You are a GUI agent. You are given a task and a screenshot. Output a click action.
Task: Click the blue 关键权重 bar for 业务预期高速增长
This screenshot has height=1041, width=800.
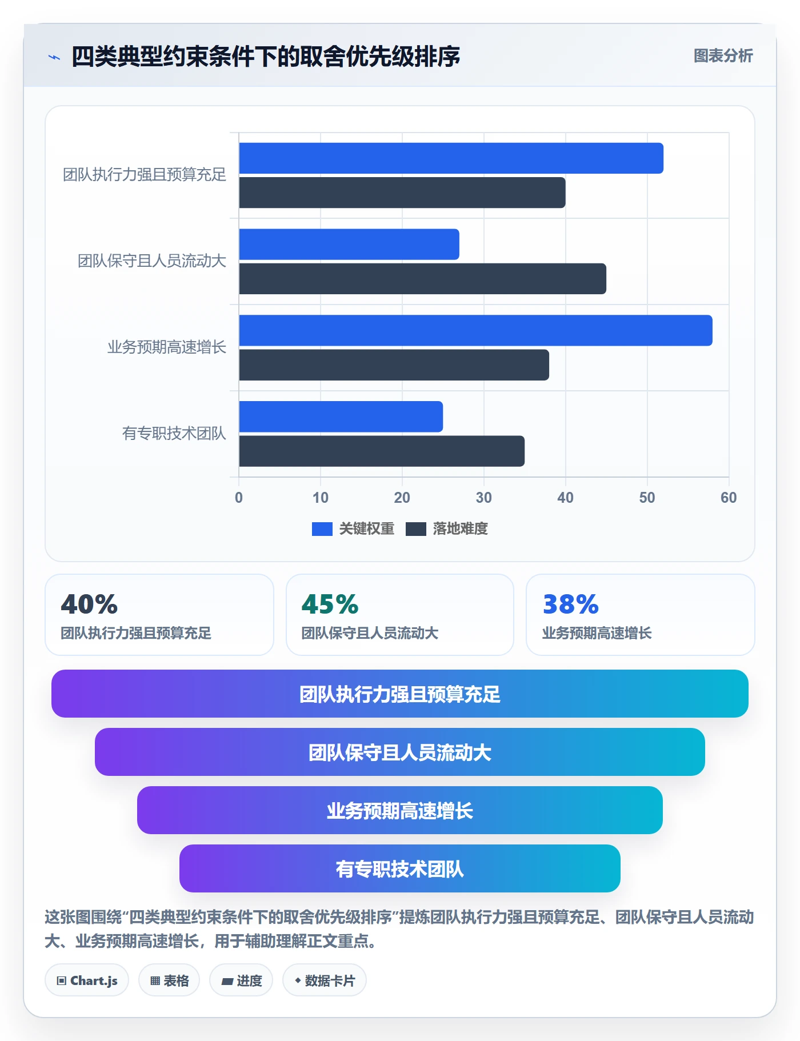(x=475, y=330)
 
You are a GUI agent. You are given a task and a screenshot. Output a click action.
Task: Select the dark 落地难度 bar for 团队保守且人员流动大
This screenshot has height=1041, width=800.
(x=422, y=279)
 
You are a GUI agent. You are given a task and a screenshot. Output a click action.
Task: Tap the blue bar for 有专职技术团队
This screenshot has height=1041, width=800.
(x=341, y=417)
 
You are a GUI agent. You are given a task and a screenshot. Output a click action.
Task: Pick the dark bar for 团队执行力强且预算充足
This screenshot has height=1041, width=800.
(x=402, y=193)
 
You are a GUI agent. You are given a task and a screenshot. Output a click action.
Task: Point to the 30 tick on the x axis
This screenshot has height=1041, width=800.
(x=483, y=498)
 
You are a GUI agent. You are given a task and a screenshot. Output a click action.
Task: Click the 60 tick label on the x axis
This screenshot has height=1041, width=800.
(x=729, y=498)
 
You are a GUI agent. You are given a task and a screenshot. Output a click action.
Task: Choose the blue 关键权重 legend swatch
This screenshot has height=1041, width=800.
(x=322, y=529)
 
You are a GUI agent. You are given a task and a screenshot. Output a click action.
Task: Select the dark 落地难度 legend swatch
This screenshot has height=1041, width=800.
(x=416, y=529)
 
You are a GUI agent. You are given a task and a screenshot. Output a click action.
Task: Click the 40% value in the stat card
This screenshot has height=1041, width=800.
(x=89, y=604)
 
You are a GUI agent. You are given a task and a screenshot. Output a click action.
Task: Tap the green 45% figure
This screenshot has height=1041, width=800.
(x=330, y=604)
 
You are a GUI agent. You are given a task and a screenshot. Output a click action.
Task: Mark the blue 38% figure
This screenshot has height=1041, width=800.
(x=570, y=604)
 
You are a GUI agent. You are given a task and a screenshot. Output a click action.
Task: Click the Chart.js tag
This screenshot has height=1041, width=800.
(x=87, y=980)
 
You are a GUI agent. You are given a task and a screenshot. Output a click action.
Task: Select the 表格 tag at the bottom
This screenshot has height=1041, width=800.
(x=169, y=980)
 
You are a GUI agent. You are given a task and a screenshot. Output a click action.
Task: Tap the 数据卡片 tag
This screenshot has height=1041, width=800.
(x=325, y=980)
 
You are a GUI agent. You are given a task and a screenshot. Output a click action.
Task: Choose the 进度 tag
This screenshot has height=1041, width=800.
(x=241, y=980)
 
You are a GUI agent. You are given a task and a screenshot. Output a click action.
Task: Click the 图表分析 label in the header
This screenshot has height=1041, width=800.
(x=723, y=56)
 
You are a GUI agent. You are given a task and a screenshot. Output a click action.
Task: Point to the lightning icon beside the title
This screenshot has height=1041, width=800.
(x=54, y=57)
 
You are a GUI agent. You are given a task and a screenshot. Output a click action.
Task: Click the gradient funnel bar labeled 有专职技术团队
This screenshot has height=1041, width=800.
(x=400, y=868)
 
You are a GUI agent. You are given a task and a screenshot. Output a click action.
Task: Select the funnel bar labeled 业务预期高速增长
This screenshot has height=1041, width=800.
(x=400, y=810)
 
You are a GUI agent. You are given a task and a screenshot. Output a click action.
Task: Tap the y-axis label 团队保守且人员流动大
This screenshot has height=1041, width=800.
(x=152, y=261)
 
